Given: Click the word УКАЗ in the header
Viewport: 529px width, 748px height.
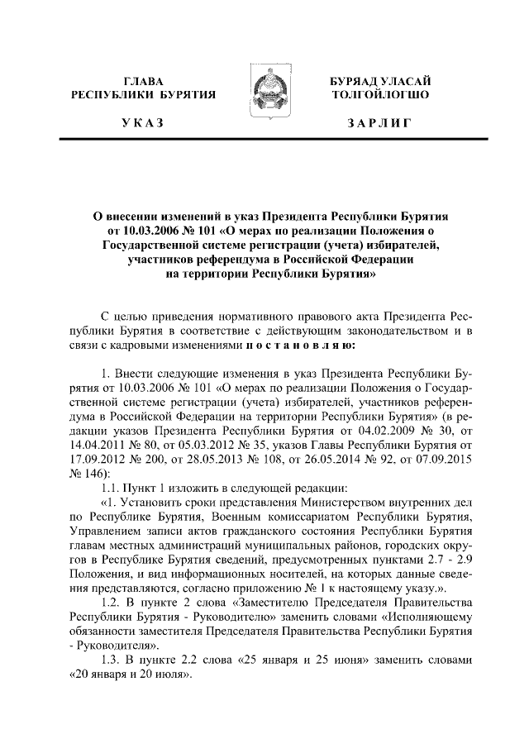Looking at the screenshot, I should tap(142, 123).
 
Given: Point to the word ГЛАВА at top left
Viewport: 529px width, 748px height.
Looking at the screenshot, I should tap(142, 81).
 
